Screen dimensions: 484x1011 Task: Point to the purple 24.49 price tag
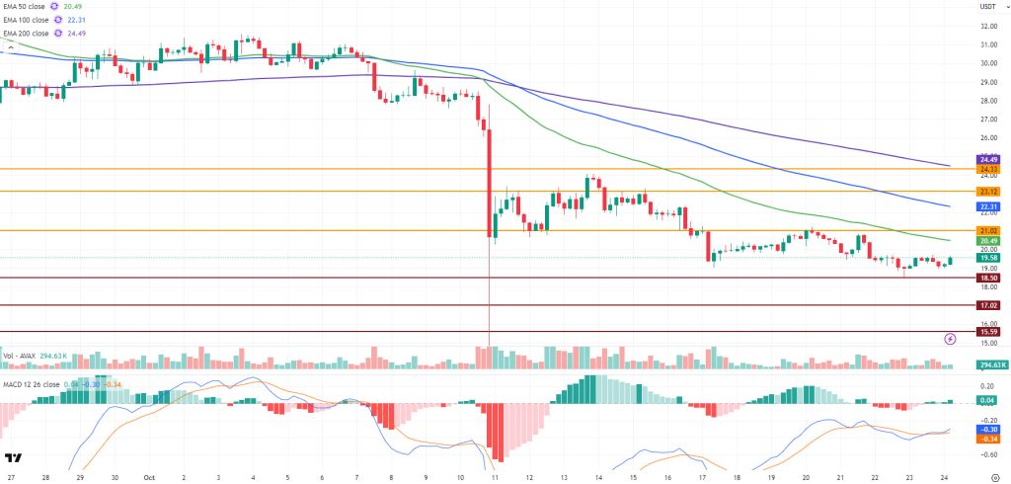click(989, 159)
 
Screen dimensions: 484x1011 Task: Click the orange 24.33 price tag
click(989, 169)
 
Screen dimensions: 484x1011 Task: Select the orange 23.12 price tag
click(989, 191)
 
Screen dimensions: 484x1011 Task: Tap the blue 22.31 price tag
click(989, 206)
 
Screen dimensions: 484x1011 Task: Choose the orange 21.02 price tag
click(989, 230)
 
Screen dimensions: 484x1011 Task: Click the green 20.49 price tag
click(989, 240)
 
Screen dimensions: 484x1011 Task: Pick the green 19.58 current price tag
click(989, 258)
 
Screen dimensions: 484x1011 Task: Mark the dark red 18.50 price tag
click(989, 279)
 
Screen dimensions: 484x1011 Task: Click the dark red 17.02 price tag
click(989, 306)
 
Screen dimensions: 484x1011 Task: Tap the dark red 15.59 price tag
click(989, 332)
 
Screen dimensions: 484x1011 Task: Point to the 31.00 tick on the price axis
click(987, 44)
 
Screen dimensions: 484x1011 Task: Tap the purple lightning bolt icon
click(951, 338)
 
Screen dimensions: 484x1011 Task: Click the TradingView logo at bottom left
click(14, 458)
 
